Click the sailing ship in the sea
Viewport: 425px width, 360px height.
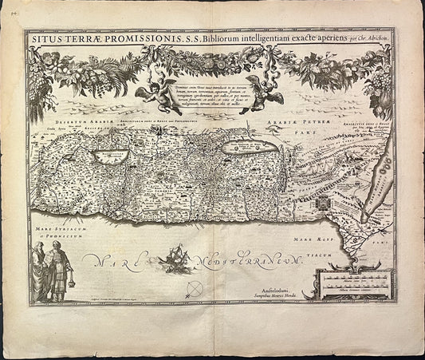coord(175,257)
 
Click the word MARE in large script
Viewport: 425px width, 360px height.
coord(112,260)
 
